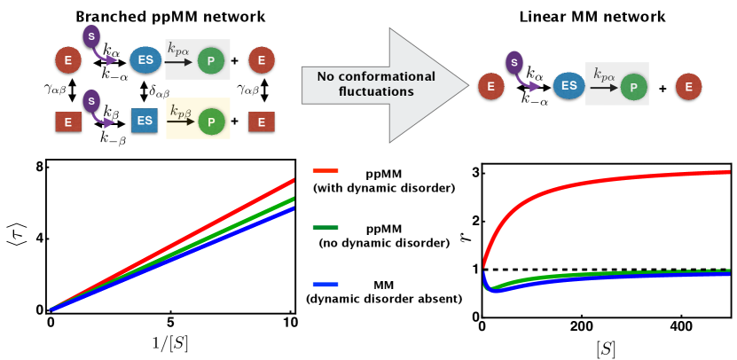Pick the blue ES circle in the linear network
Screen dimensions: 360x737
pos(568,86)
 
